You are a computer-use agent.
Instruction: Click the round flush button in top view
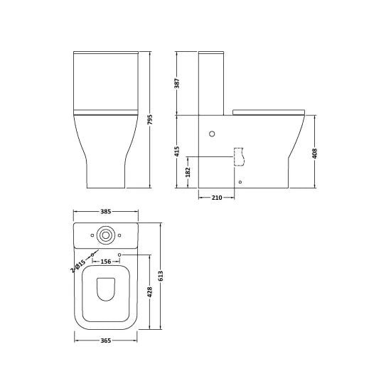point(106,234)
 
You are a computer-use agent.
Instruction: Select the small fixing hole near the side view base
point(240,183)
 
